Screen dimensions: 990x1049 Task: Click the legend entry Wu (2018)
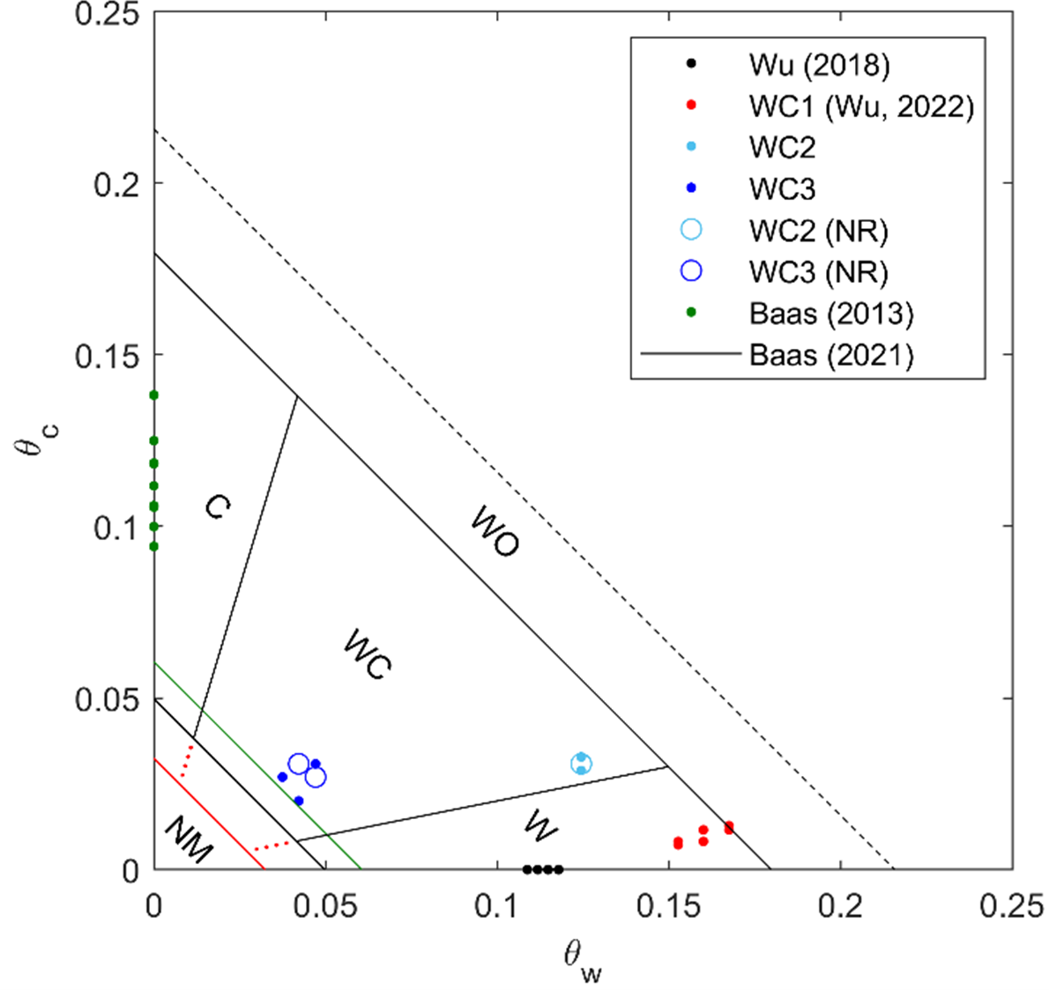[x=819, y=64]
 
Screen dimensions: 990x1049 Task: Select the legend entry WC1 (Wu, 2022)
[x=860, y=106]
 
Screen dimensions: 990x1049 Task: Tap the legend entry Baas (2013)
[x=830, y=313]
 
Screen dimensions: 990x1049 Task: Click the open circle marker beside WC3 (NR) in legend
[x=692, y=271]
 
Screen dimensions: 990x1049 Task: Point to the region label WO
[x=495, y=531]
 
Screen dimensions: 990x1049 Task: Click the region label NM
[x=189, y=839]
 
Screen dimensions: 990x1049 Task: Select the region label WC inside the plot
[x=368, y=654]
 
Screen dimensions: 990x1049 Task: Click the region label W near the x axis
[x=539, y=826]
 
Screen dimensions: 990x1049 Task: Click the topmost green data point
[x=153, y=395]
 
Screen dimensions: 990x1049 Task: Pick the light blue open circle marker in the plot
[x=581, y=764]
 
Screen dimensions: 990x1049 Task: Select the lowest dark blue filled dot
[x=299, y=801]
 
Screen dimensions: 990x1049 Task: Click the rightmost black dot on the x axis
[x=558, y=869]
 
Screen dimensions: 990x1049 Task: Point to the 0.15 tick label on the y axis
[x=115, y=355]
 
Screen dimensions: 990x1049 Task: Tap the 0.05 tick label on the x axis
[x=325, y=905]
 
